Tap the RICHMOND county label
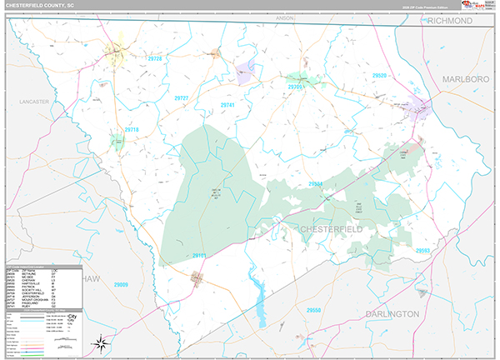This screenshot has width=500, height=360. (449, 22)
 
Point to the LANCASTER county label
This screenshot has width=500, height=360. (32, 102)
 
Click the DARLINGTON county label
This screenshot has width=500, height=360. (391, 313)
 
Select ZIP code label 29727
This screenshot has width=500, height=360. (182, 98)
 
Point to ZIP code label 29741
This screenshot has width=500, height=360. (227, 105)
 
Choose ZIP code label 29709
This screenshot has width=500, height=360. (295, 87)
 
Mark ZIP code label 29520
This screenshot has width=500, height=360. (381, 76)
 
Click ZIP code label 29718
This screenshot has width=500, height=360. (132, 130)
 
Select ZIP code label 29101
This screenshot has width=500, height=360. (200, 255)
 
